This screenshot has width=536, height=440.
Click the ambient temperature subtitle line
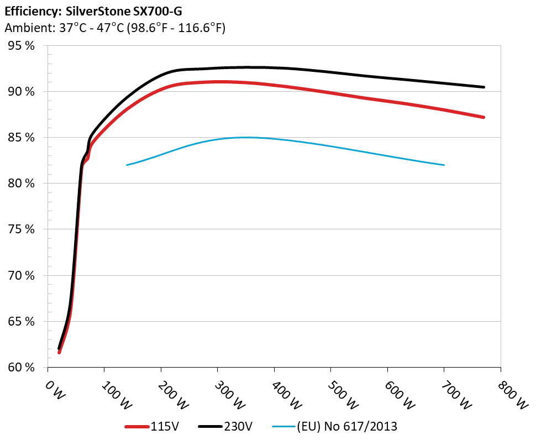coord(114,28)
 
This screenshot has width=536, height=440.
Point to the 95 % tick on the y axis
coord(22,46)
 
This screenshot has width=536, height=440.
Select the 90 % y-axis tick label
coord(22,92)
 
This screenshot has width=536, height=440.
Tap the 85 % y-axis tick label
coord(22,138)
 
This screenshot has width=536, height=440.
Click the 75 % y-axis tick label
coord(22,229)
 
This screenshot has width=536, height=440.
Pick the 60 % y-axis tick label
coord(22,367)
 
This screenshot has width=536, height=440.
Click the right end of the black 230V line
coord(484,87)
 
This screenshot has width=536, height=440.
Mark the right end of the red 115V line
coord(484,117)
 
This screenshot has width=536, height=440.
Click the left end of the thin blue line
coord(127,165)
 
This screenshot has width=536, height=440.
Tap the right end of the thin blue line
coord(444,165)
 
